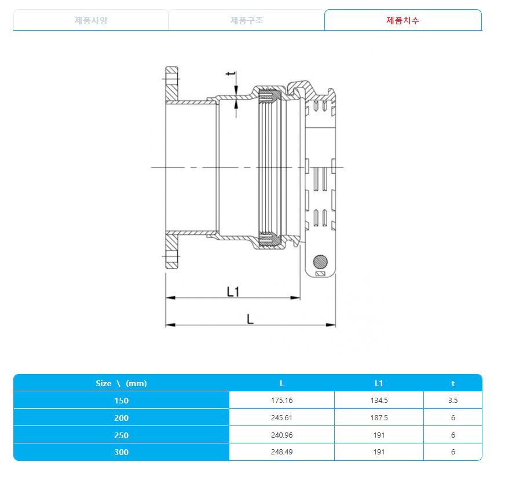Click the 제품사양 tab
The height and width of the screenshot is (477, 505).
91,20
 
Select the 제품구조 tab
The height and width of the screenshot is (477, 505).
247,20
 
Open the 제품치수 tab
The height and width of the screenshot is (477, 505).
402,20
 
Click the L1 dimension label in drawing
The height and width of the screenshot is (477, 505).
233,292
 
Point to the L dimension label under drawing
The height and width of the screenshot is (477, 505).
250,319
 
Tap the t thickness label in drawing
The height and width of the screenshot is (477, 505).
230,75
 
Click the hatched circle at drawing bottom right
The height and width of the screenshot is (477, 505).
320,261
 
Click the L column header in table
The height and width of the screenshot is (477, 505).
281,383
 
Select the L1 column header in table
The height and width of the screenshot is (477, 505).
379,383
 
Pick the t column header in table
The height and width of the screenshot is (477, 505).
453,383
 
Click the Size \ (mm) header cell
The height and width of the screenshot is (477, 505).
121,383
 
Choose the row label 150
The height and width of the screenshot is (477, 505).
121,400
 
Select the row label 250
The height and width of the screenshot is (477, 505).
121,435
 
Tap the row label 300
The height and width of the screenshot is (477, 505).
121,452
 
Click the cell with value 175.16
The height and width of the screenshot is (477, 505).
281,400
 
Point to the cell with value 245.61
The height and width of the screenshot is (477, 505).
281,417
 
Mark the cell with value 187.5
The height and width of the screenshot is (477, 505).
379,417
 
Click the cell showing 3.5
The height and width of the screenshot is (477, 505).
453,400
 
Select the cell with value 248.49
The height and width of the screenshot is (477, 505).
281,452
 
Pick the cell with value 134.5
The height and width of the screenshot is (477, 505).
379,400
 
